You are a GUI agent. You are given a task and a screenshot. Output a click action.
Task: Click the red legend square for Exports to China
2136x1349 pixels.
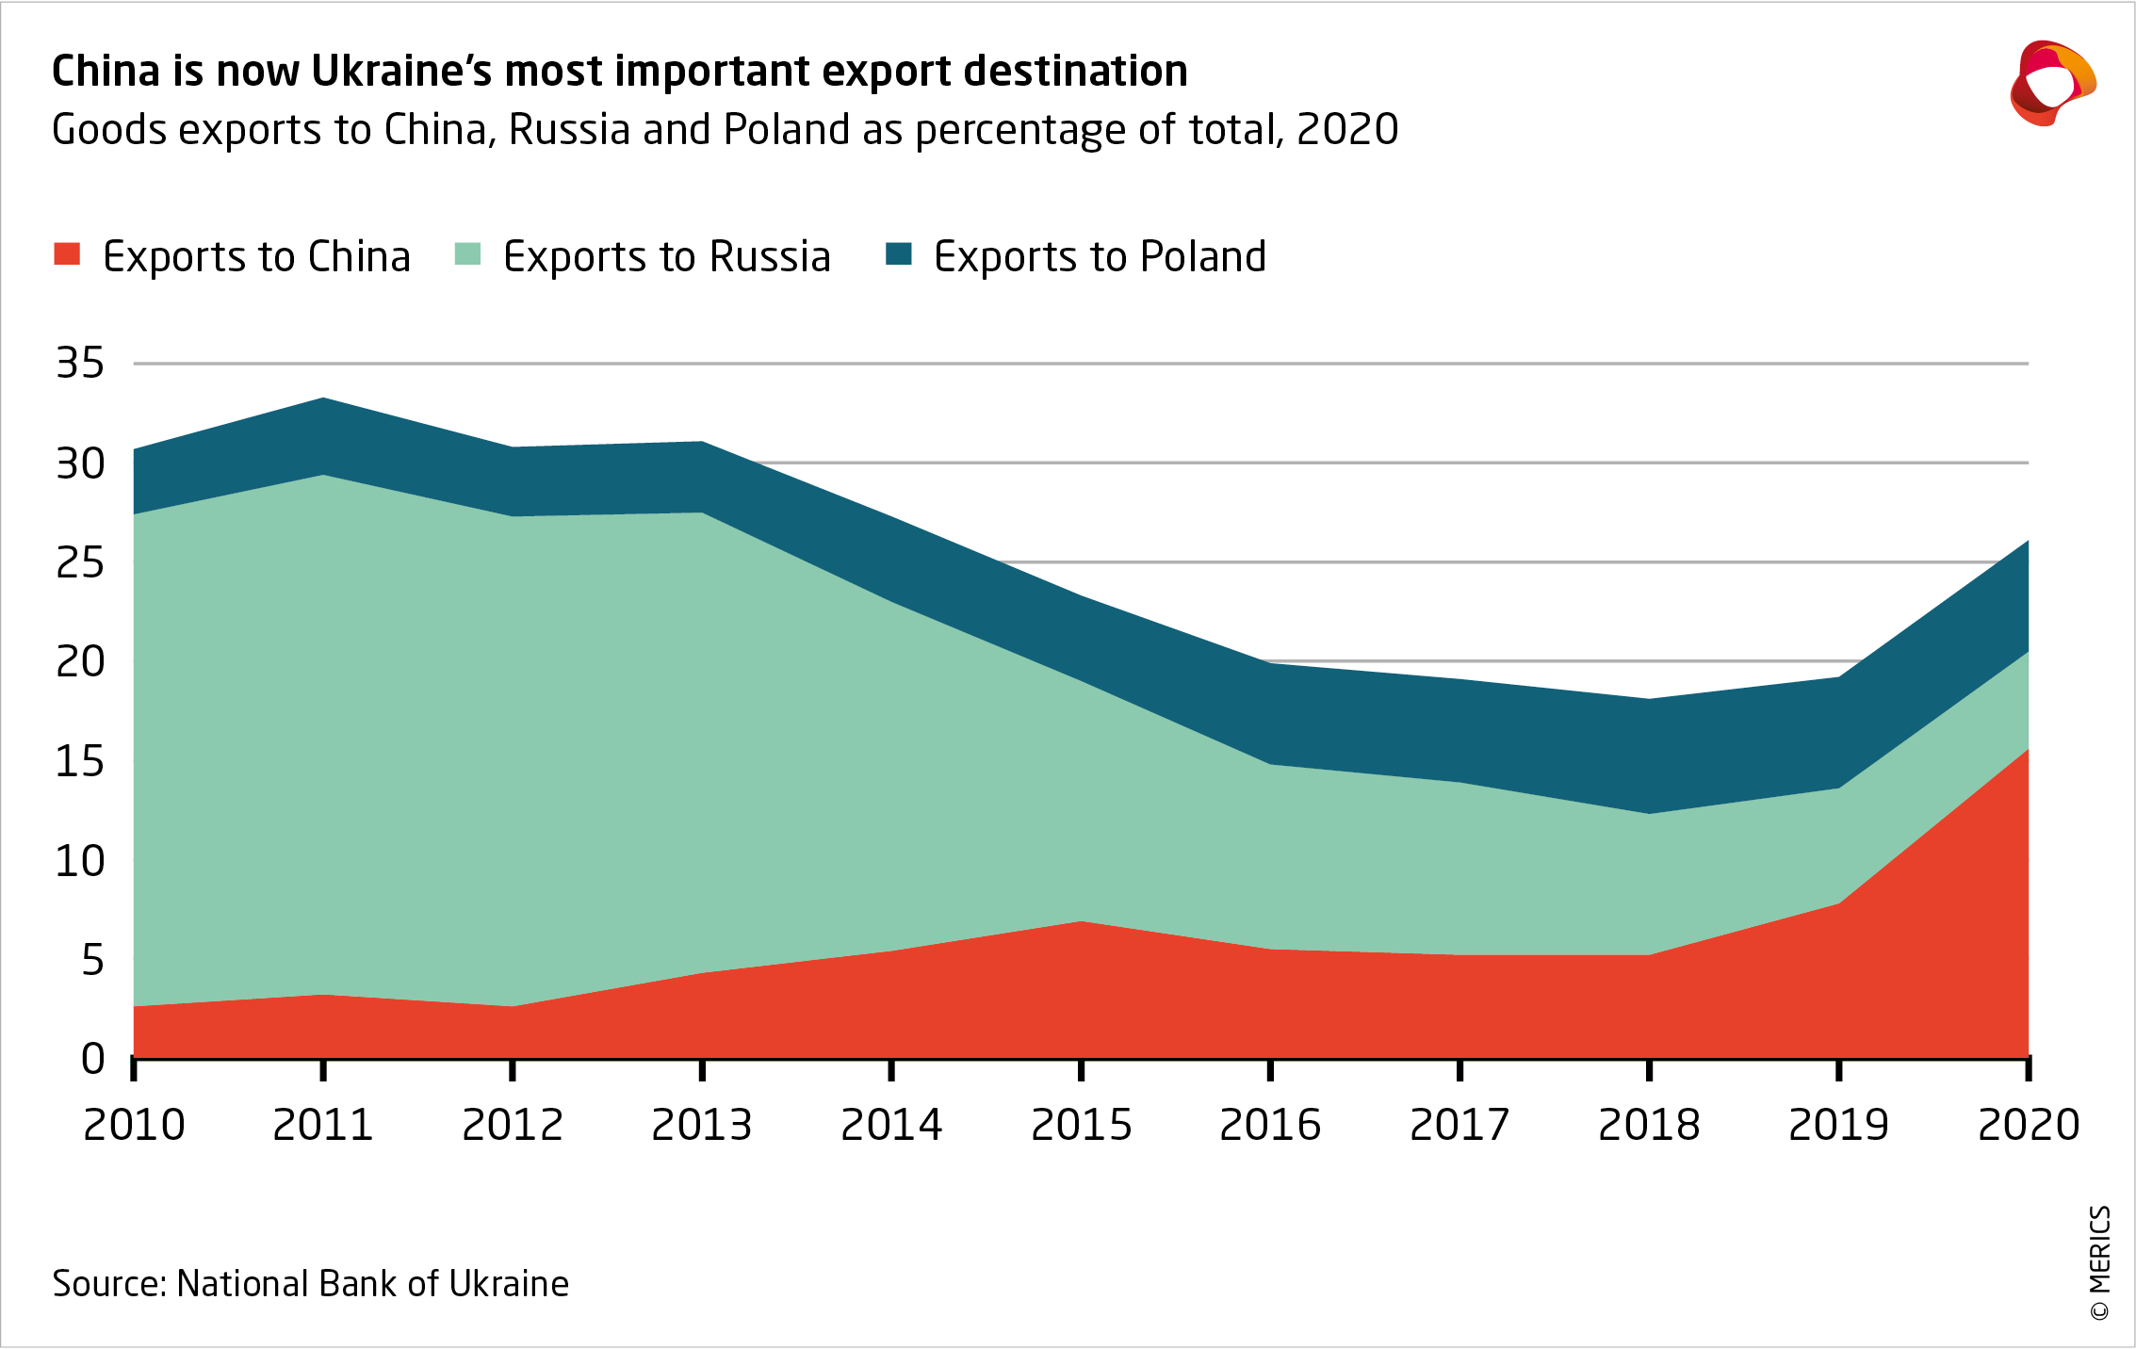coord(67,254)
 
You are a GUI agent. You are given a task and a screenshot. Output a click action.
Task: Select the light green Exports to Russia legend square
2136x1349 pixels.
coord(467,254)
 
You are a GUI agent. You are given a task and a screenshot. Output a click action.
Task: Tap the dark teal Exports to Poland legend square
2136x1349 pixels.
coord(899,254)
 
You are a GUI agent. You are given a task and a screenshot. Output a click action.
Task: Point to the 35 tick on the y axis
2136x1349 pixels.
coord(80,364)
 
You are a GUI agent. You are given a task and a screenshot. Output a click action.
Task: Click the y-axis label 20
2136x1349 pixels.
coord(80,662)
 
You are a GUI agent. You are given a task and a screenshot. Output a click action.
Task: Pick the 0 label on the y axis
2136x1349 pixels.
coord(92,1059)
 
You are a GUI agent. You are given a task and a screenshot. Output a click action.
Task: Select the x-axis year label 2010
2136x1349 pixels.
coord(134,1125)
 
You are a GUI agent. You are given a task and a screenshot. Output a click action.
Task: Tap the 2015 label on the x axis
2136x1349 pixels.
coord(1081,1125)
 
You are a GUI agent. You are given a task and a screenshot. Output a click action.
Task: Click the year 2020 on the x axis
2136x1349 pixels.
coord(2028,1125)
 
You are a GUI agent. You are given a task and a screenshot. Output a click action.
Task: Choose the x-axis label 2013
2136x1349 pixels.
coord(702,1125)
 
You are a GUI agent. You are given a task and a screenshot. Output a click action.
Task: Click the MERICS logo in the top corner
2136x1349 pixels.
coord(2052,83)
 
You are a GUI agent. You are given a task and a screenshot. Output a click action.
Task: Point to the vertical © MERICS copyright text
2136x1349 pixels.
coord(2099,1262)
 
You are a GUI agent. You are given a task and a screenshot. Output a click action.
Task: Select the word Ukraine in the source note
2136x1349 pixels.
coord(509,1284)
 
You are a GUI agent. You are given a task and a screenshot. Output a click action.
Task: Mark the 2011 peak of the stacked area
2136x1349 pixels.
coord(323,398)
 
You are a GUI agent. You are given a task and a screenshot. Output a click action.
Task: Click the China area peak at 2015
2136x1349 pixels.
coord(1081,921)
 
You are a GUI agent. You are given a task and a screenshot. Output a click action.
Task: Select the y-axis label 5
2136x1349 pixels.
coord(92,960)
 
